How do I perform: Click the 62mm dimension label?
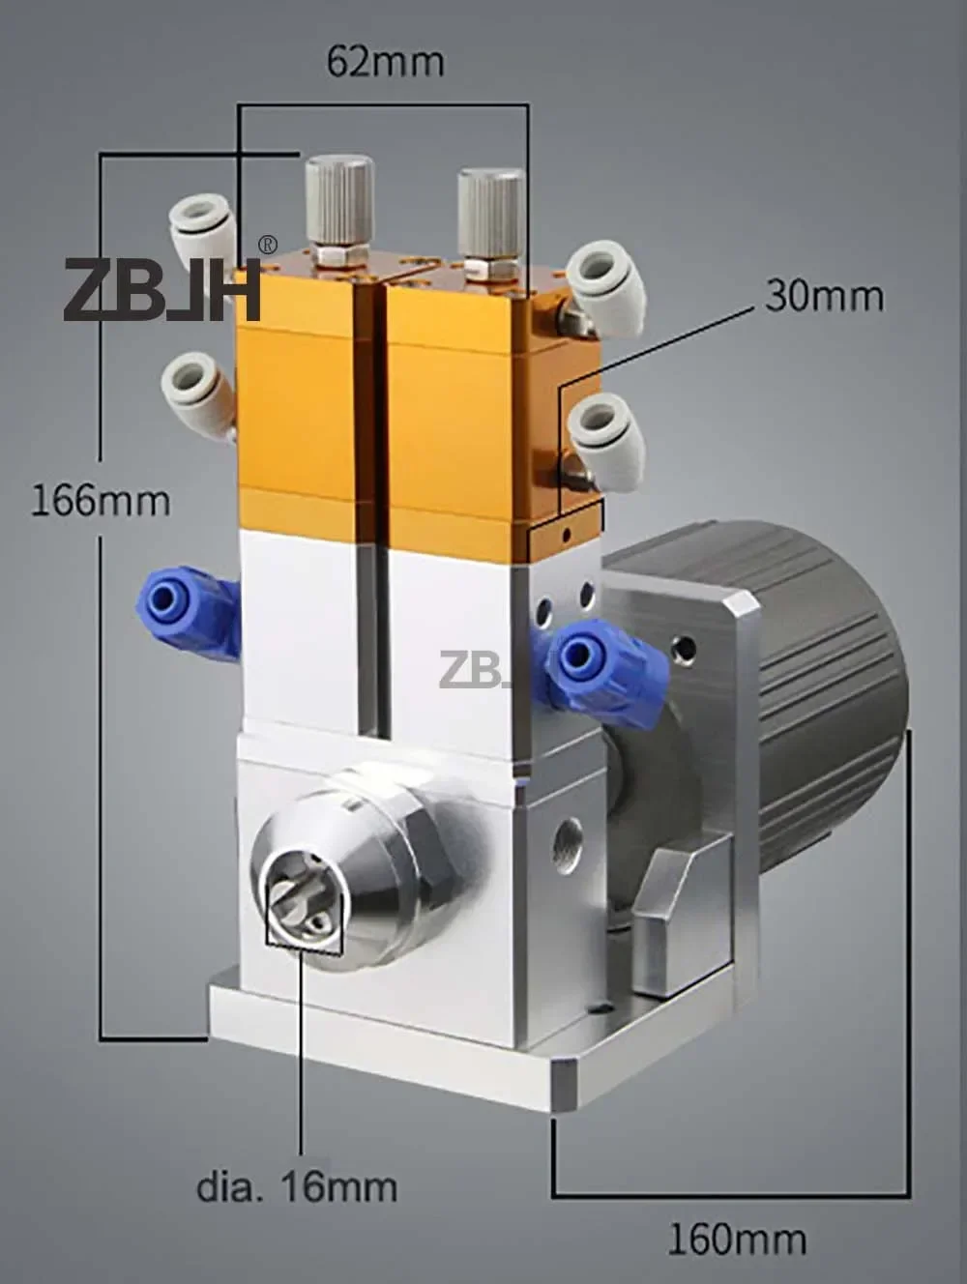coord(385,62)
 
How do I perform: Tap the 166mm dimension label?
coord(101,500)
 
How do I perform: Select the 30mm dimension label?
coord(824,296)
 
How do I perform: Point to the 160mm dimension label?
coord(736,1238)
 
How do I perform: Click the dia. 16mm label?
coord(297,1185)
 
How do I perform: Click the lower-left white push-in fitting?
coord(196,394)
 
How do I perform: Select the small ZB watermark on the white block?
coord(473,670)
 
